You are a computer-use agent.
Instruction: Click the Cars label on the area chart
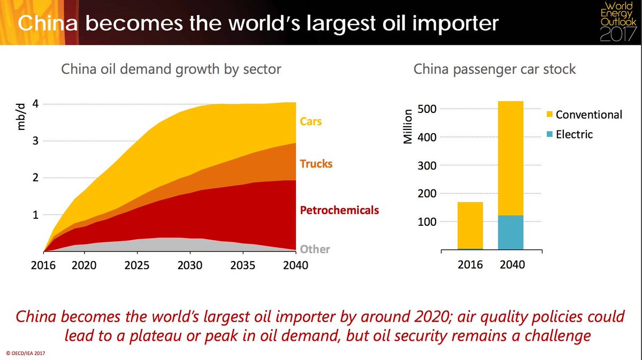(311, 121)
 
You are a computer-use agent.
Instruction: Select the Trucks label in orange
(316, 164)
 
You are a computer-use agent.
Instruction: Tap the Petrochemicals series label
(339, 210)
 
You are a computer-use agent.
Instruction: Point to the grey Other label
(315, 249)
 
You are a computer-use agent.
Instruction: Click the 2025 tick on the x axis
(137, 265)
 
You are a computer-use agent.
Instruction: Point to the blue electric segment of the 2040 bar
(510, 233)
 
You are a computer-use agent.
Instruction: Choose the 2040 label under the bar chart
(511, 265)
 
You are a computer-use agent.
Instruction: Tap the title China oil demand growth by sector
(171, 70)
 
